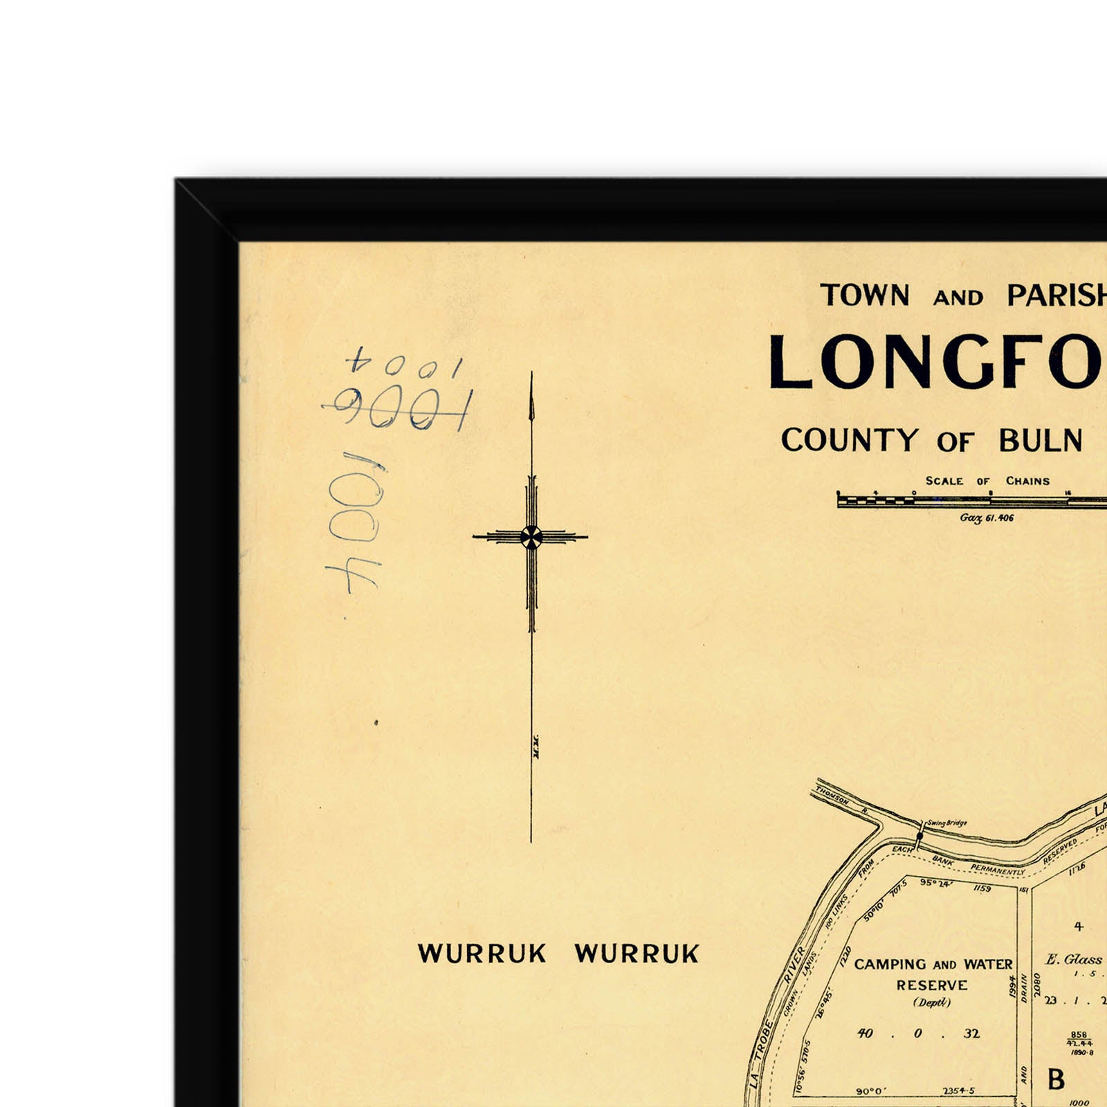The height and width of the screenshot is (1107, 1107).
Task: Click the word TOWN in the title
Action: (865, 295)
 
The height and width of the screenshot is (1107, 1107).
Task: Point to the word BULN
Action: (1041, 441)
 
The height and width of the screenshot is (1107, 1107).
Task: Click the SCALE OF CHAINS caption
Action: (987, 481)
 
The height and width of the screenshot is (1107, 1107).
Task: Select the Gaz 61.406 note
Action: (987, 518)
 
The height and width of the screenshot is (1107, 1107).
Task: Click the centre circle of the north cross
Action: (531, 536)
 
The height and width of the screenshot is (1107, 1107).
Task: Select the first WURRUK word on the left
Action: (482, 953)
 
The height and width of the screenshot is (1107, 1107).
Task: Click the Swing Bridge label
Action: (947, 823)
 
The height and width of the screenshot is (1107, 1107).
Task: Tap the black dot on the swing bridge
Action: (920, 836)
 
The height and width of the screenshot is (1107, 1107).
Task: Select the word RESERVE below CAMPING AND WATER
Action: (932, 985)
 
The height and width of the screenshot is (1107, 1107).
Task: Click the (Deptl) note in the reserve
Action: (932, 1003)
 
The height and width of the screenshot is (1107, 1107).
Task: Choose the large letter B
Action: (1056, 1079)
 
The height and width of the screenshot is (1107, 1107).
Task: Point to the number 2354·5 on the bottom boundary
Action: (958, 1091)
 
